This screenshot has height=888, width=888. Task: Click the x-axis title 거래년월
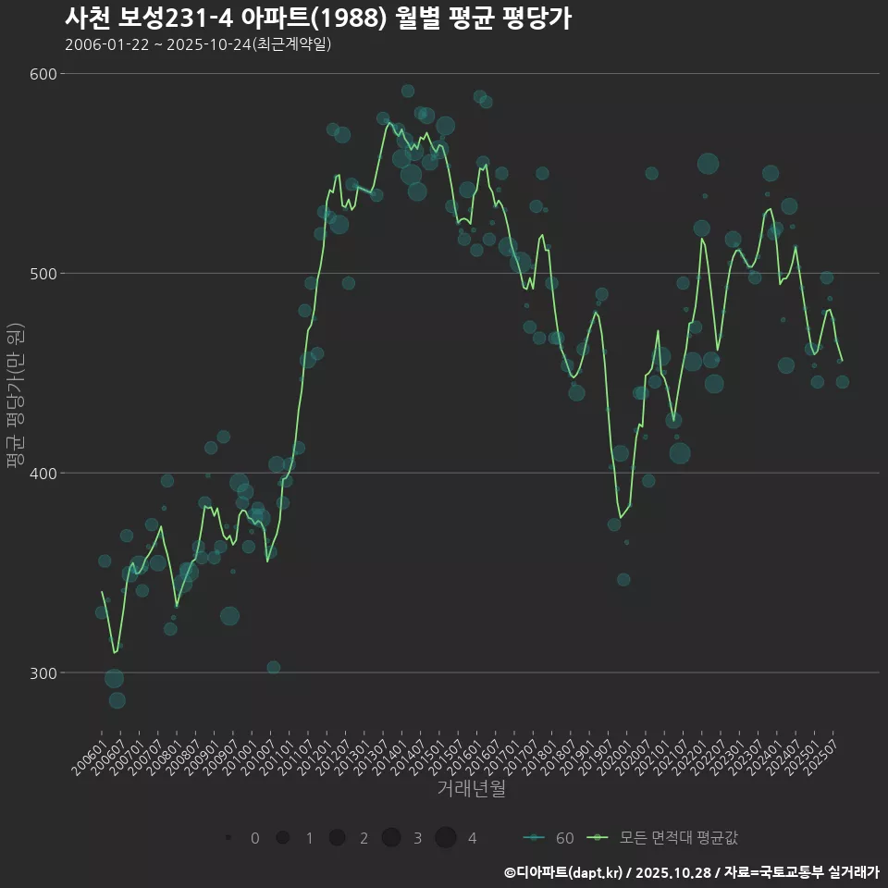point(471,789)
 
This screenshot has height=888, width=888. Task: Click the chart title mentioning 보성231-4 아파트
point(317,18)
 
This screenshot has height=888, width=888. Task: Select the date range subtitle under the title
point(198,44)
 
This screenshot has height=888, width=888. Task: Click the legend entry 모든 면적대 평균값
point(666,838)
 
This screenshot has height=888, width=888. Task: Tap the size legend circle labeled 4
point(447,838)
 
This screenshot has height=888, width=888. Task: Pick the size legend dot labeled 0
point(228,838)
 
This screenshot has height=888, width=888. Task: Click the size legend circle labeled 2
point(338,838)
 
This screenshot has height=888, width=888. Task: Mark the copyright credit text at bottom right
point(692,871)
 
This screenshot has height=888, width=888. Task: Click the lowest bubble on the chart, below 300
point(117,700)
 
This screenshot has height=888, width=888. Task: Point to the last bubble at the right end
point(842,382)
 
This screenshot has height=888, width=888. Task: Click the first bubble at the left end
point(101,612)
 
